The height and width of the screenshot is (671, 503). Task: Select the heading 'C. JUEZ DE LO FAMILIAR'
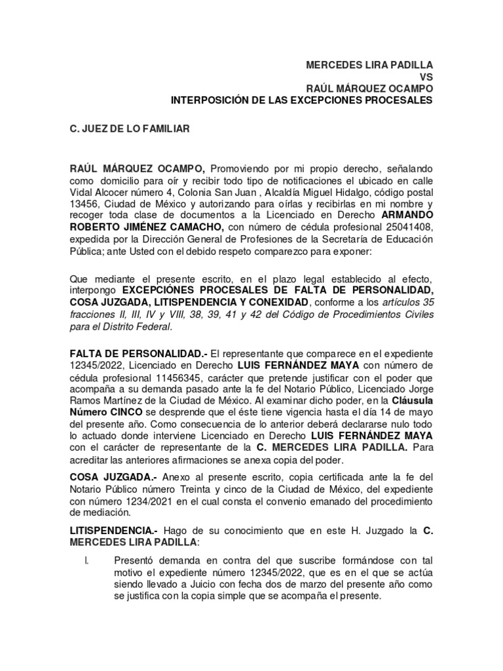pyautogui.click(x=130, y=130)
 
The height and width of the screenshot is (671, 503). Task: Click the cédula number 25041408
pyautogui.click(x=407, y=227)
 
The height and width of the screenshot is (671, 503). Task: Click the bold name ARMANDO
pyautogui.click(x=407, y=215)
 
